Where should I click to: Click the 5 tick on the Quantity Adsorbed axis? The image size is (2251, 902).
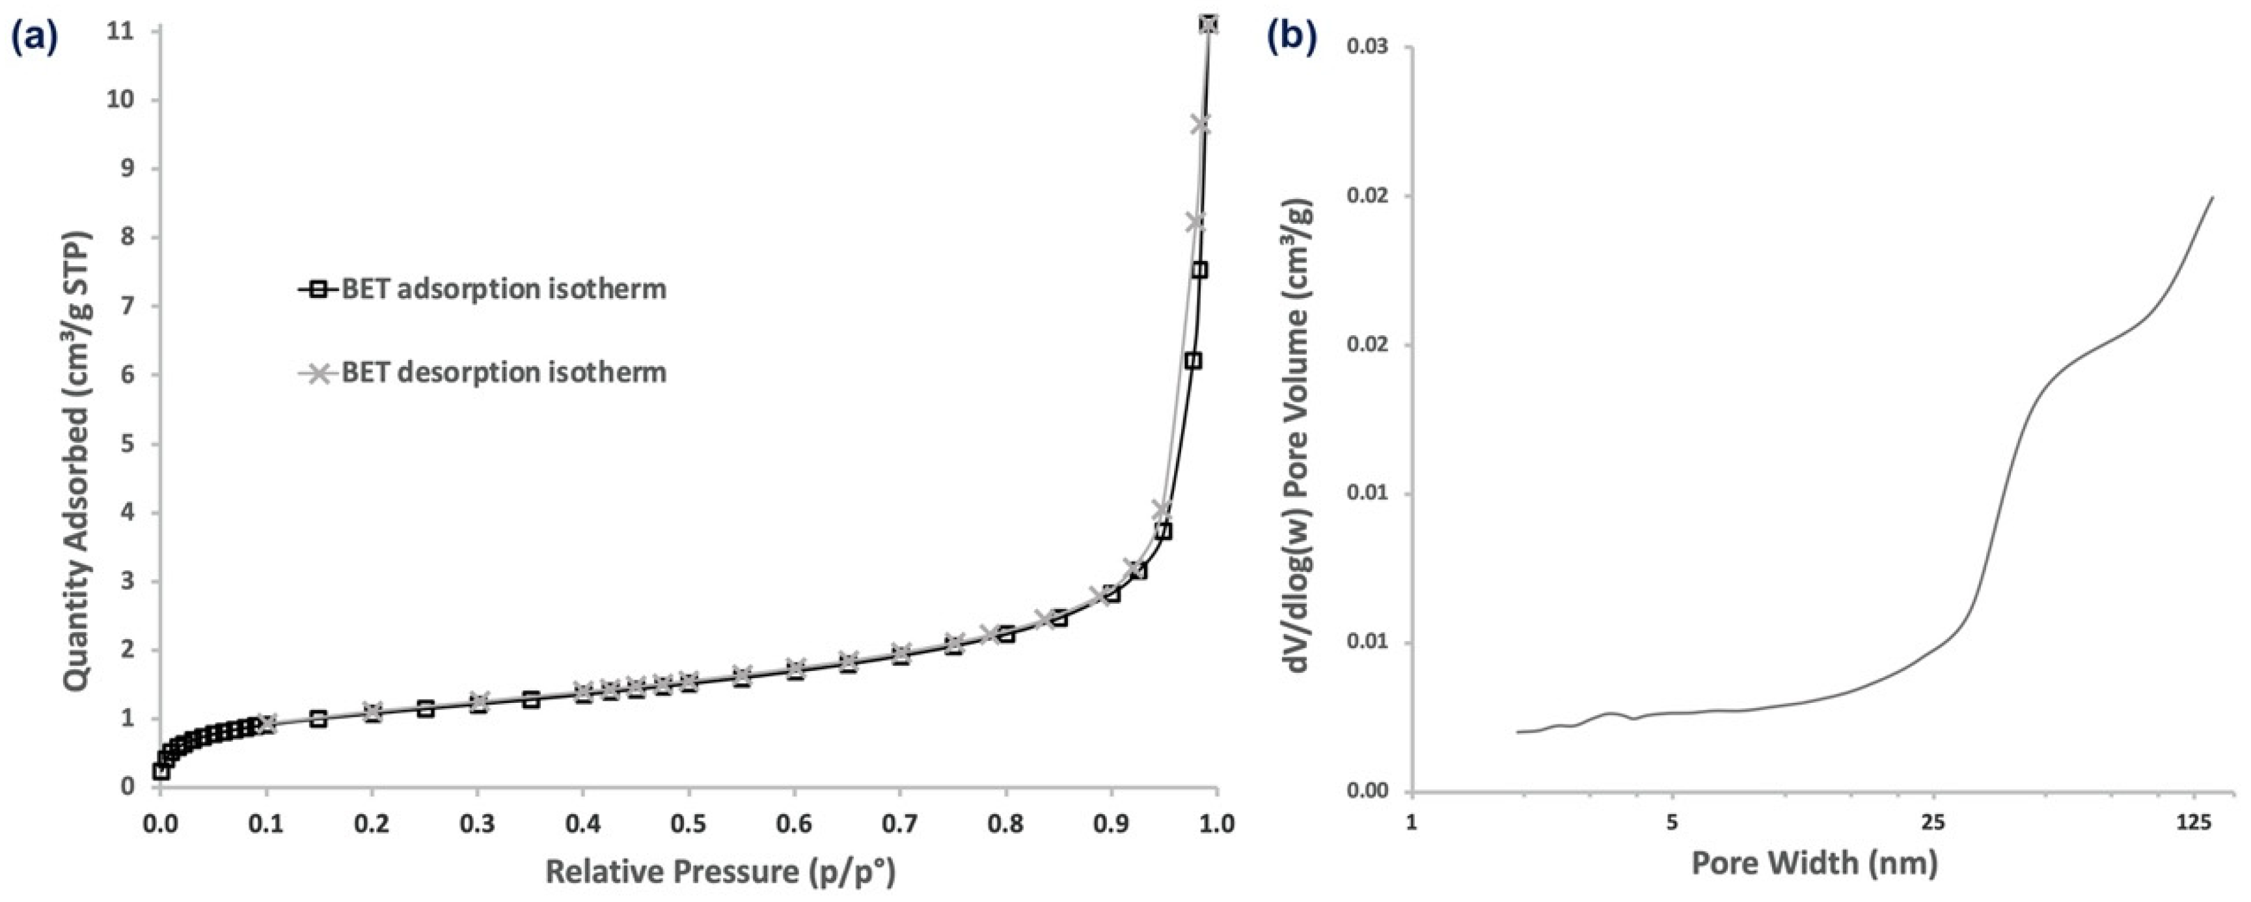click(127, 444)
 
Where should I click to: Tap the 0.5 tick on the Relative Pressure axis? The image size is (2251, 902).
click(689, 823)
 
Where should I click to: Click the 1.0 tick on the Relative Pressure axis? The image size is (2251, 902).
click(1216, 823)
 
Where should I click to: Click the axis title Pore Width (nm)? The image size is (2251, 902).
click(1814, 863)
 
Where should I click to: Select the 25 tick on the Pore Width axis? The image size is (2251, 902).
click(1932, 823)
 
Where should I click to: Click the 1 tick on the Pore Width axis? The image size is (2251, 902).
click(1410, 823)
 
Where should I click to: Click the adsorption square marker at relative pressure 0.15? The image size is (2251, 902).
click(318, 718)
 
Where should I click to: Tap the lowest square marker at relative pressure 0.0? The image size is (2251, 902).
click(161, 771)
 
